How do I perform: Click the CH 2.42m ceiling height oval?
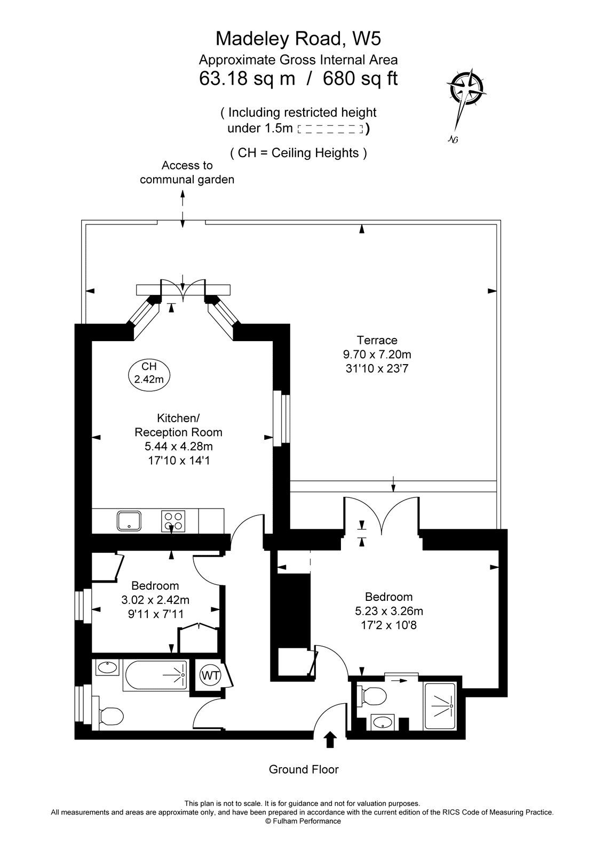tap(149, 373)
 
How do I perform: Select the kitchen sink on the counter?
tap(130, 520)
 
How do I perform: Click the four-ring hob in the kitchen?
tap(174, 520)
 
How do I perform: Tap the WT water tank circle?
tap(210, 675)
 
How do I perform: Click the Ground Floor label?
tap(304, 769)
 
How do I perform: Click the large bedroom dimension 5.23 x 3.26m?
tap(389, 611)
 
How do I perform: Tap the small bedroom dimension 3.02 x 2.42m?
tap(155, 600)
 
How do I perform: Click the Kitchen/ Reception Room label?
tap(178, 425)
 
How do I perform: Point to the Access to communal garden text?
tap(187, 172)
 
